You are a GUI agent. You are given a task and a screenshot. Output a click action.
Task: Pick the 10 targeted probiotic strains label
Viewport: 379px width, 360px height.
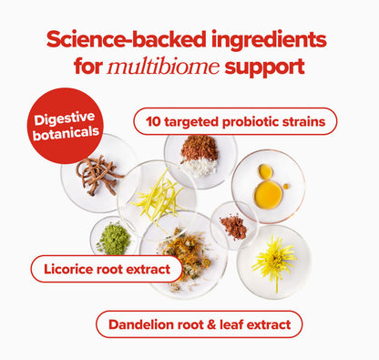pyautogui.click(x=235, y=121)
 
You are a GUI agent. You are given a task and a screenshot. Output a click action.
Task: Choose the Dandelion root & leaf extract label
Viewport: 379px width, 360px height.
pyautogui.click(x=199, y=324)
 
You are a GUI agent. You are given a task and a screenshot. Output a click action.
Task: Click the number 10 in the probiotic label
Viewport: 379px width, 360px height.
pyautogui.click(x=153, y=121)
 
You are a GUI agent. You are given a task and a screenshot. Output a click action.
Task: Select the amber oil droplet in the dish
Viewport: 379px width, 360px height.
pyautogui.click(x=267, y=192)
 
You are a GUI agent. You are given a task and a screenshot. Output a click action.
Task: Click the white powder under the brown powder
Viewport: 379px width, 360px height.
pyautogui.click(x=200, y=167)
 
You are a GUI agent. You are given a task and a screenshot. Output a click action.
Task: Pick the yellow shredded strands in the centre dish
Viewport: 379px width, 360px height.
pyautogui.click(x=159, y=196)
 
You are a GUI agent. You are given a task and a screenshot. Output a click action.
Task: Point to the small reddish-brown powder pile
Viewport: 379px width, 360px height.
pyautogui.click(x=233, y=226)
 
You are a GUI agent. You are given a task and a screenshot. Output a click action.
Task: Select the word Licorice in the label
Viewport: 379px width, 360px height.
pyautogui.click(x=67, y=269)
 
